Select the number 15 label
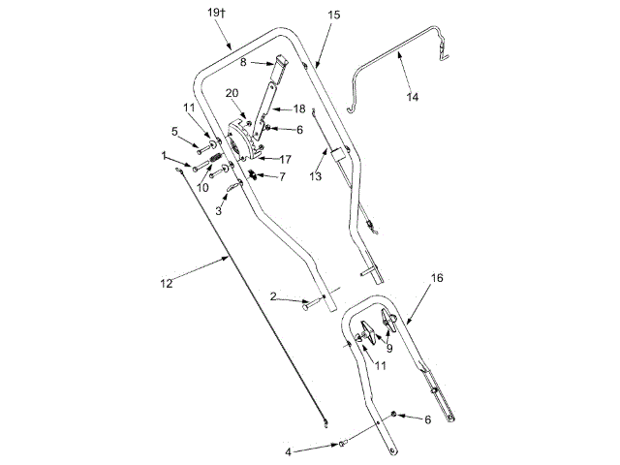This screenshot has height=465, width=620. point(335,16)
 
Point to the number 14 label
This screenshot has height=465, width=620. point(414,98)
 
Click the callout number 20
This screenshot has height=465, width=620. point(232,93)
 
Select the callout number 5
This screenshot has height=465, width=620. point(175,131)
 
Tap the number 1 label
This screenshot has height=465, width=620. point(166,155)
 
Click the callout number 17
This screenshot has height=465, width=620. point(286,158)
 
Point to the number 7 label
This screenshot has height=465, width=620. point(283,177)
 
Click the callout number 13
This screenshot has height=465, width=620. point(315,177)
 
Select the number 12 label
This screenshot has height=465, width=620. point(166,283)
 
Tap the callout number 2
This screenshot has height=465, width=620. point(274,295)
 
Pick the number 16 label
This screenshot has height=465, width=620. point(437,277)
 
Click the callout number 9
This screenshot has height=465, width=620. point(389,348)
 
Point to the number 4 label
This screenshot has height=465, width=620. point(288,451)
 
